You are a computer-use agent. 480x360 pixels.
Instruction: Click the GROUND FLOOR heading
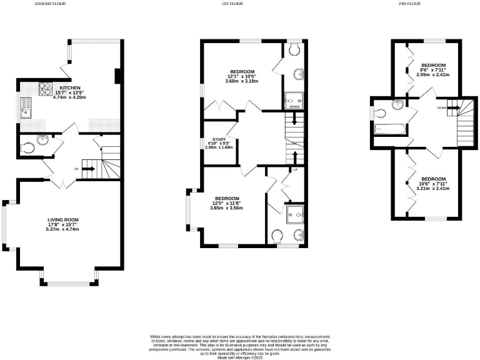click(x=49, y=4)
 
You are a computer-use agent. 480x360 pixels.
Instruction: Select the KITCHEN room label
click(x=69, y=87)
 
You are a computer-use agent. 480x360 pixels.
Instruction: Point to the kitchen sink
click(x=27, y=108)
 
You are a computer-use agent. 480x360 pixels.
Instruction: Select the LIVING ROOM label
click(x=64, y=220)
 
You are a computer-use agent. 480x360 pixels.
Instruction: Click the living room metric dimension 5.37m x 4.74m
click(x=64, y=229)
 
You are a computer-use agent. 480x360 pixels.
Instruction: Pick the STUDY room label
click(x=219, y=139)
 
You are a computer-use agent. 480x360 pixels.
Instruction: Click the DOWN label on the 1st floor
click(x=294, y=107)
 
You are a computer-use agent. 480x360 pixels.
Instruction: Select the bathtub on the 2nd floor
click(x=389, y=129)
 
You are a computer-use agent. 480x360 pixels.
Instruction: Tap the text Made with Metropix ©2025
click(x=240, y=356)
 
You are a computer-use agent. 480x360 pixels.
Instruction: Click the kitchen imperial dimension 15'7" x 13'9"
click(x=69, y=92)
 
